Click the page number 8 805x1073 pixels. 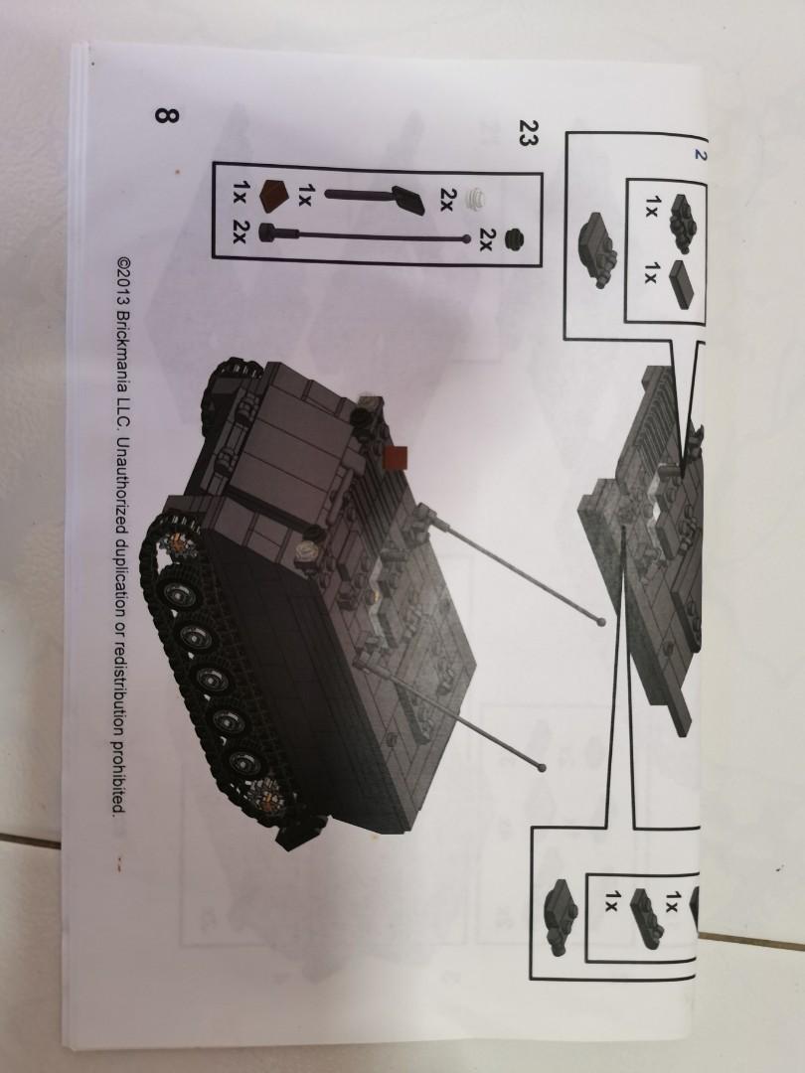pyautogui.click(x=166, y=116)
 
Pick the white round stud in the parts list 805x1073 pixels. pyautogui.click(x=483, y=198)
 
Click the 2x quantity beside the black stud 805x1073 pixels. pyautogui.click(x=487, y=239)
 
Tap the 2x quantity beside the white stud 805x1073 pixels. pyautogui.click(x=447, y=199)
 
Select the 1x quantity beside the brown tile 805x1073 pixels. pyautogui.click(x=239, y=188)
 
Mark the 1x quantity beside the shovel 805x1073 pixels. pyautogui.click(x=307, y=193)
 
